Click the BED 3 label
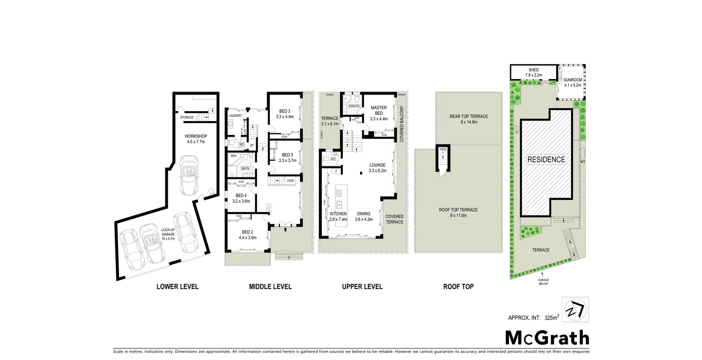point(284,111)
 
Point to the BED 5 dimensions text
point(287,160)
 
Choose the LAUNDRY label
point(235,115)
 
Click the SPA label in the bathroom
point(234,156)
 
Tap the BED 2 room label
point(248,232)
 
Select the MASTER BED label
point(378,110)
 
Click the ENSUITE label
point(354,106)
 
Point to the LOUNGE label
point(377,165)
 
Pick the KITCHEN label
point(338,214)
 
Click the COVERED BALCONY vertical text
point(401,124)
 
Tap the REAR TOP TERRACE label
point(469,117)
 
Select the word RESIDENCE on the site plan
point(546,159)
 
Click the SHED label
point(533,70)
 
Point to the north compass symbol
point(575,309)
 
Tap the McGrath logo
point(547,338)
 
